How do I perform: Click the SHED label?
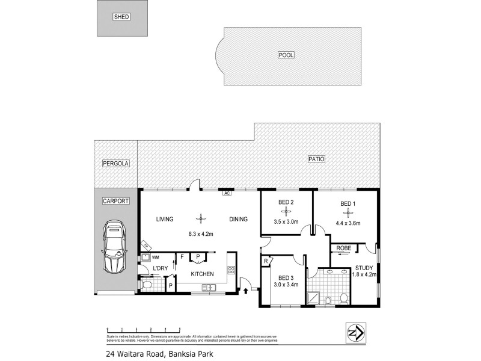coord(121,17)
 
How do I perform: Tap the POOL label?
coord(286,55)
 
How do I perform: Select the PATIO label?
coord(316,159)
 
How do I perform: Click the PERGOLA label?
coord(115,163)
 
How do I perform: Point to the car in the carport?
coord(115,247)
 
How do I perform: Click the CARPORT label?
coord(115,201)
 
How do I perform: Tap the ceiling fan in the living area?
coord(200,219)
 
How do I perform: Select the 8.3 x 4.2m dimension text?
coord(200,233)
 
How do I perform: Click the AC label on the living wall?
coord(227,194)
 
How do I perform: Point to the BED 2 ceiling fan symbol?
coord(286,212)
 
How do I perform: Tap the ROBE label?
coord(344,248)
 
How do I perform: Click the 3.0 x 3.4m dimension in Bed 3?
coord(286,285)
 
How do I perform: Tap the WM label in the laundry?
coord(155,258)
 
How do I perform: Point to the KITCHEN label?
coord(203,274)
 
